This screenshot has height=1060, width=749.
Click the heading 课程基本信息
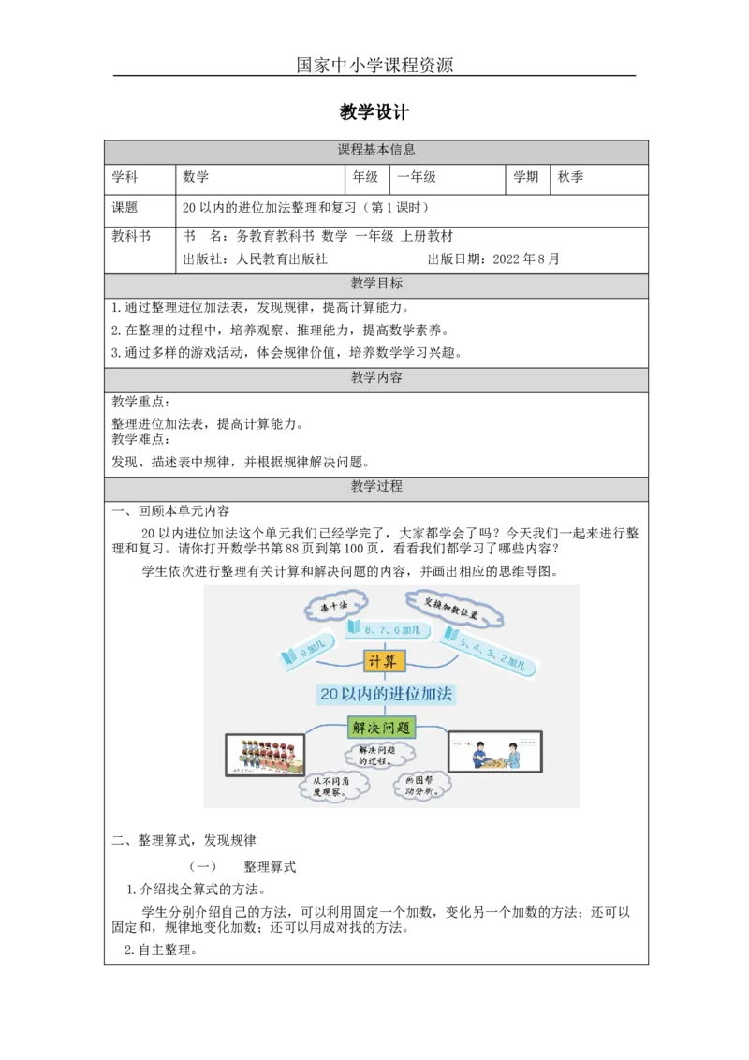tap(376, 150)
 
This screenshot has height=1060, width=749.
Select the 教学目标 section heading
tap(376, 284)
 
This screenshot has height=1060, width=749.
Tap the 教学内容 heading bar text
tap(376, 377)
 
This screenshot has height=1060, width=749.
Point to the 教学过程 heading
tap(376, 487)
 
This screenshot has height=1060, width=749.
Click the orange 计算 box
tap(384, 662)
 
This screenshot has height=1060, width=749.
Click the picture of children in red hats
tap(265, 754)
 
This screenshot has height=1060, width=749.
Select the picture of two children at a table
tap(494, 752)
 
